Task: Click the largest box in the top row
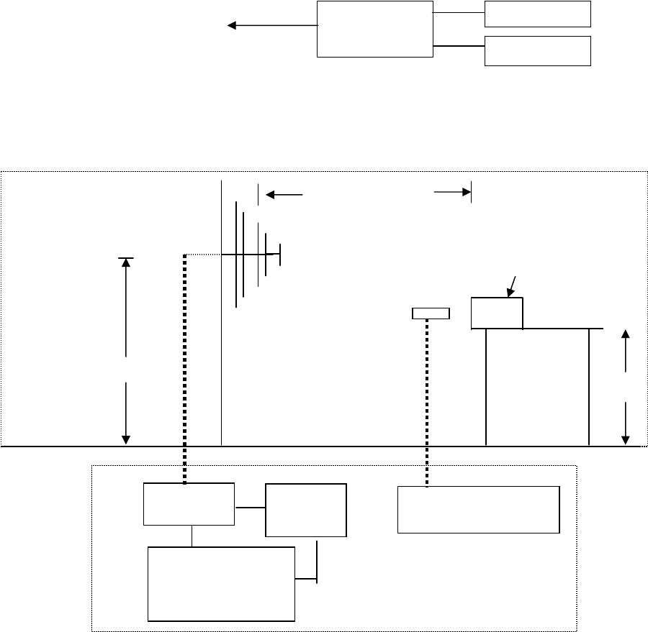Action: point(374,29)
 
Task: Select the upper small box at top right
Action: point(537,14)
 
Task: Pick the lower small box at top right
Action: point(537,50)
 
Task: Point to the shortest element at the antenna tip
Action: point(280,255)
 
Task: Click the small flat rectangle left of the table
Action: point(430,313)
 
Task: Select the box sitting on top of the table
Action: point(497,313)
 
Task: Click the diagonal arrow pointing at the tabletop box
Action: point(512,285)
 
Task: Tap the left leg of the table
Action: point(487,387)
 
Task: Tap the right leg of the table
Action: point(590,387)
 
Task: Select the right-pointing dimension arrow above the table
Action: point(452,193)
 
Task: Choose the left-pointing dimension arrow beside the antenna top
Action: point(284,194)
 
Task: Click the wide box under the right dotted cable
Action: point(478,509)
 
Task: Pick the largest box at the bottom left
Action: point(221,583)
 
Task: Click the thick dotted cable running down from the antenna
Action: point(185,367)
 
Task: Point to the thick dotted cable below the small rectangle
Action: point(426,403)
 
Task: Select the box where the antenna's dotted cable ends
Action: point(189,504)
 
